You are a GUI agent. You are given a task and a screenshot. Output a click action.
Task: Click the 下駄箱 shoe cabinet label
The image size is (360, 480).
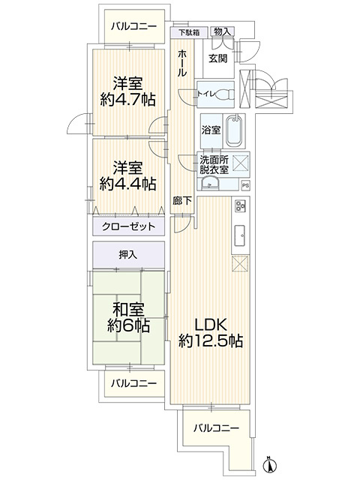(189, 32)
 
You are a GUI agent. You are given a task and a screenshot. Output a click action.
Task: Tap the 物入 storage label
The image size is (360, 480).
(223, 31)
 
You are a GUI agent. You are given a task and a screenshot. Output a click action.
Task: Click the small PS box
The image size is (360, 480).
(244, 186)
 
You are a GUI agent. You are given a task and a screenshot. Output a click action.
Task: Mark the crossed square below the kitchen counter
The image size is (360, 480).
(241, 264)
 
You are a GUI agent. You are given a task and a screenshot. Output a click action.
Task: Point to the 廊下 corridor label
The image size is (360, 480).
(181, 201)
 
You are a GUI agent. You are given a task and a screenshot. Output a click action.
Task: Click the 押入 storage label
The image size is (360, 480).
(128, 255)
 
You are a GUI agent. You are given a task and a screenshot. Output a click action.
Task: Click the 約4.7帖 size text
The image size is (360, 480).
(129, 98)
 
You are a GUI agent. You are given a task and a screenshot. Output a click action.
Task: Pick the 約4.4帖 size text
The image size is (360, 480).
(129, 182)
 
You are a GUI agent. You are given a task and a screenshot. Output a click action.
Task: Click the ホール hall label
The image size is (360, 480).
(182, 64)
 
